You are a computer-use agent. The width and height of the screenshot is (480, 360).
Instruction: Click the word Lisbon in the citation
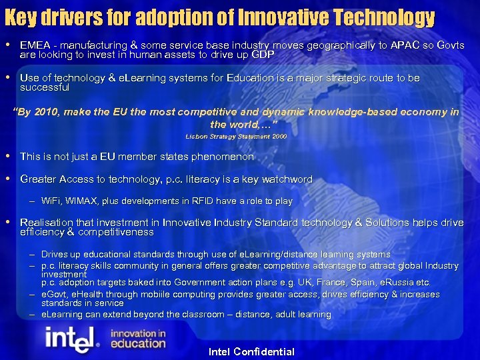point(198,136)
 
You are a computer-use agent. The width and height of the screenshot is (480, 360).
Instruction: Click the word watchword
point(283,179)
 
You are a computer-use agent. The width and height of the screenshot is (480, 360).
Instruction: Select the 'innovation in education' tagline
point(137,339)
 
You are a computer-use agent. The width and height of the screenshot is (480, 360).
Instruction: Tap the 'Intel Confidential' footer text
point(251,351)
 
